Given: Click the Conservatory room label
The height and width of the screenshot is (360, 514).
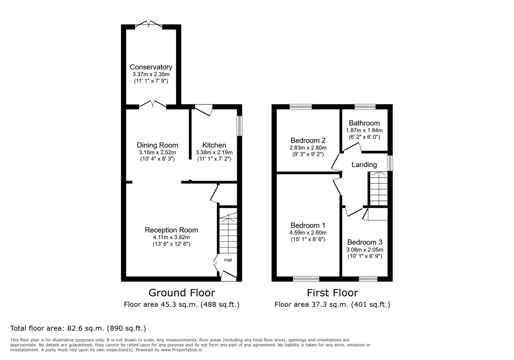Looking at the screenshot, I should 151,67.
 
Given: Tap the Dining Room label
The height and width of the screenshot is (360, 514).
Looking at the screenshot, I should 157,145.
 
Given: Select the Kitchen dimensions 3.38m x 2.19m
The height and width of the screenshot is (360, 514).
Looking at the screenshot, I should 214,152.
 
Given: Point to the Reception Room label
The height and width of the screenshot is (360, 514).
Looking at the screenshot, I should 171,230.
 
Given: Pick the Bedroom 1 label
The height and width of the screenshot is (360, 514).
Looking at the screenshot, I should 308,225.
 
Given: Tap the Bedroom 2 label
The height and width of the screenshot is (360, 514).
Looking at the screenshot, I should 308,141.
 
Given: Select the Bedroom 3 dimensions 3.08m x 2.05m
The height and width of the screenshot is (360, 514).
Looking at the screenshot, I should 365,249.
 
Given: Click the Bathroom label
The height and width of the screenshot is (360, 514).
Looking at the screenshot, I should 364,123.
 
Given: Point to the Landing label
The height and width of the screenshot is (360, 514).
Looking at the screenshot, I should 364,165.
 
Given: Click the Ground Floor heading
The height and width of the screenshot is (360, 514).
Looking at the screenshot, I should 182,293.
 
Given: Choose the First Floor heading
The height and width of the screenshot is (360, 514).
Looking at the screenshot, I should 332,293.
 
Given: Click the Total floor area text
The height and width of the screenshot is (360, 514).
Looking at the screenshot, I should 78,328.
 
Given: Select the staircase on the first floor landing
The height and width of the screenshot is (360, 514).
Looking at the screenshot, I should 379,189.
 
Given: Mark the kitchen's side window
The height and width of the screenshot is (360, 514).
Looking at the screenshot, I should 240,126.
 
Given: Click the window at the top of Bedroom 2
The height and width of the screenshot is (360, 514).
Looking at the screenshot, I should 300,107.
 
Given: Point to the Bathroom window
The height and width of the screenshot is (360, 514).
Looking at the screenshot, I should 365,107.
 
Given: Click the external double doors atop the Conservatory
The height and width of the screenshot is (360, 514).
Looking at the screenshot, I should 148,25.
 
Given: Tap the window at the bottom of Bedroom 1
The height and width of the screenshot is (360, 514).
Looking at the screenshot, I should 306,279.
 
